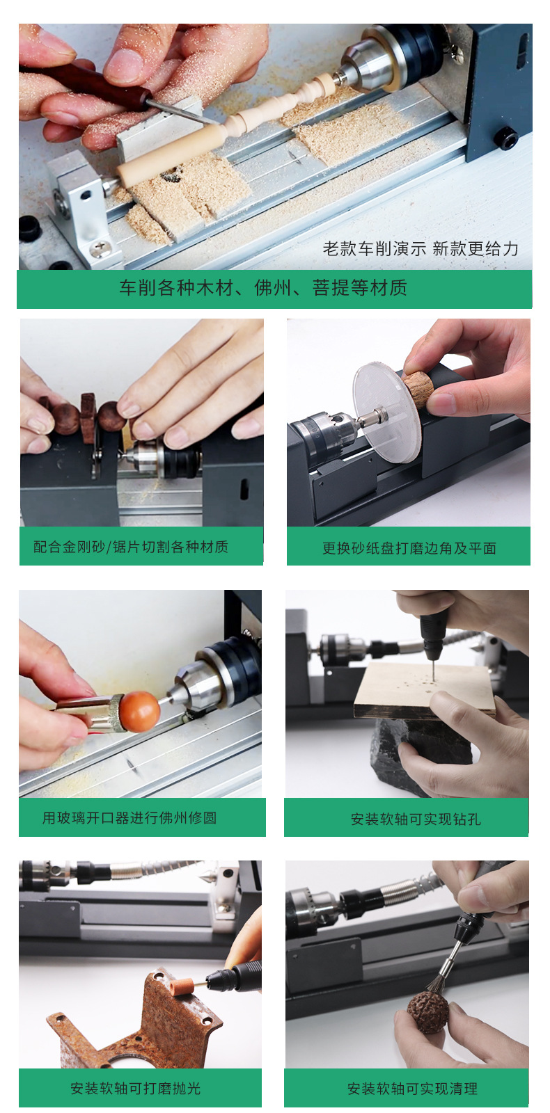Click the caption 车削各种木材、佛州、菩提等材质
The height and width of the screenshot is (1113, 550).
tap(262, 288)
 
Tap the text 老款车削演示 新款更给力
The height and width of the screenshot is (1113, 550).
tap(421, 249)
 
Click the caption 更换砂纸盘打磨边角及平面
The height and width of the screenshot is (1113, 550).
tap(409, 548)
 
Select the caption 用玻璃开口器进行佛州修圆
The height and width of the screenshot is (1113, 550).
tap(129, 818)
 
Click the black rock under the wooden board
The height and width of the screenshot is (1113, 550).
tap(397, 751)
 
